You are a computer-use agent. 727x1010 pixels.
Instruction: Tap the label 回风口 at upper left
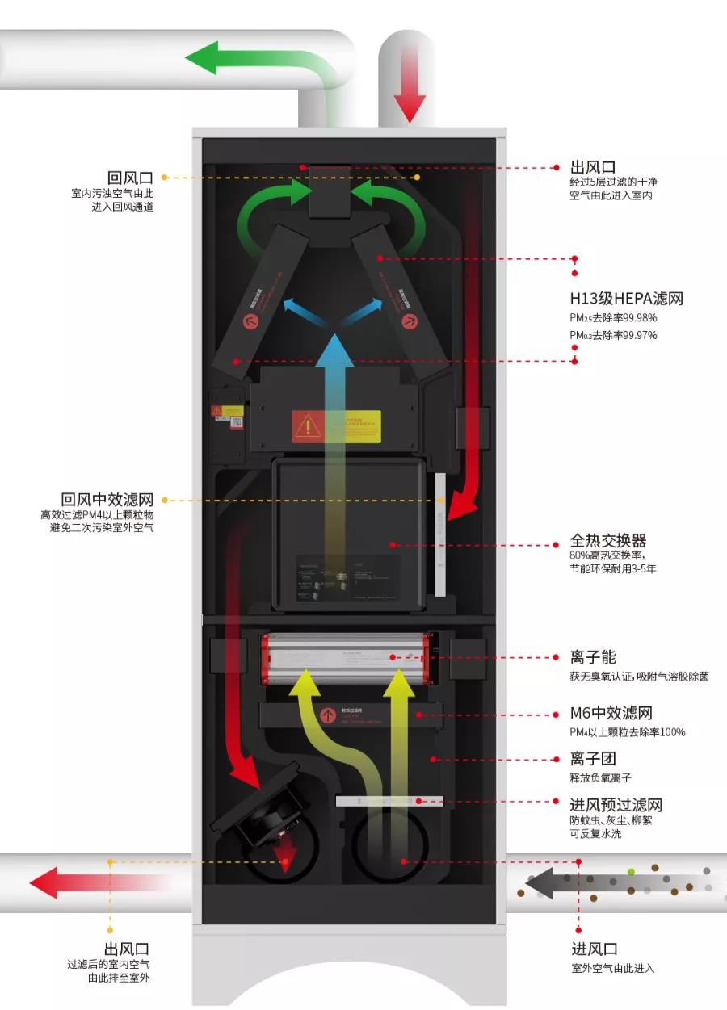point(130,178)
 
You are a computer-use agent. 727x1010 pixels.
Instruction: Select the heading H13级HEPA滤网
point(626,299)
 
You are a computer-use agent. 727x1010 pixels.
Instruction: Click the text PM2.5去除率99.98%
point(613,318)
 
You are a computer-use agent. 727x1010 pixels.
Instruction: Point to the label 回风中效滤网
point(107,500)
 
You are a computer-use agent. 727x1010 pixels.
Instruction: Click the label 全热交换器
point(608,541)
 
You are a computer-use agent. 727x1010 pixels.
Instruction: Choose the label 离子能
point(593,658)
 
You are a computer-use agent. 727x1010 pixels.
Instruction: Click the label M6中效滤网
point(611,714)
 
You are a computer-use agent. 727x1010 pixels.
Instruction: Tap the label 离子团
point(593,760)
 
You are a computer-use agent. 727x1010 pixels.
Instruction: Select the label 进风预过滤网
point(616,805)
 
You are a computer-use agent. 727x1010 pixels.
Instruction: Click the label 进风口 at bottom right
point(595,949)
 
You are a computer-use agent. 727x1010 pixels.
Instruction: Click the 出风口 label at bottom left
point(126,949)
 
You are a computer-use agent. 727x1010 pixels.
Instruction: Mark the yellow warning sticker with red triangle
point(336,425)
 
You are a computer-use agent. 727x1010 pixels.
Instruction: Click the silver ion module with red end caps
point(345,658)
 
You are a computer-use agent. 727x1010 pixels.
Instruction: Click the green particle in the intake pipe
point(631,872)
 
